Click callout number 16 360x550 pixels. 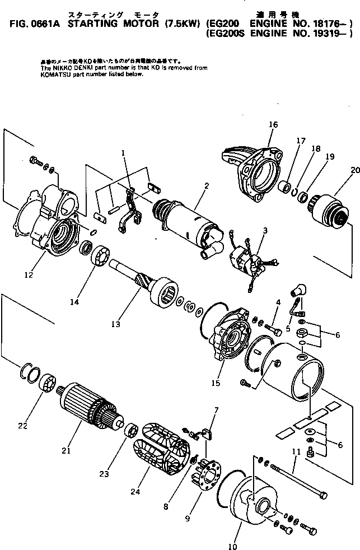[273, 124]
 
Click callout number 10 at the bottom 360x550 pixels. [233, 546]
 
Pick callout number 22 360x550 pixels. [22, 426]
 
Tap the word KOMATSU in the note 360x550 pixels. [54, 73]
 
